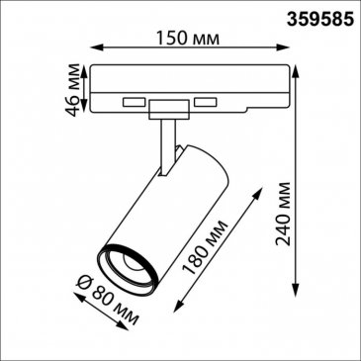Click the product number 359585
tap(320, 19)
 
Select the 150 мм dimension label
tap(187, 39)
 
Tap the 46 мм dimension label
tap(72, 90)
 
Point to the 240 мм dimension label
tap(283, 214)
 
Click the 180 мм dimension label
tap(206, 247)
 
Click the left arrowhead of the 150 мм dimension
tap(96, 47)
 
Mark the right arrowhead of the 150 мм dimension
tap(284, 47)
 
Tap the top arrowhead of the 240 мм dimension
tap(296, 71)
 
